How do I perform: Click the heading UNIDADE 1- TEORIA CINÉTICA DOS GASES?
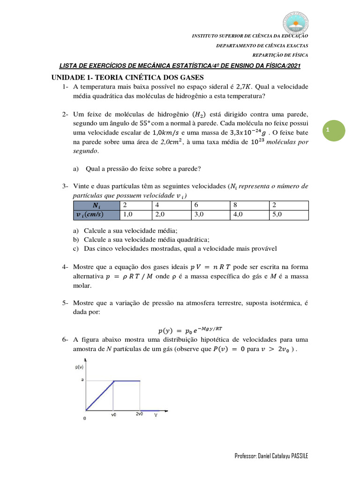tap(128, 77)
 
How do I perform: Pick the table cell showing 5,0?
tap(289, 215)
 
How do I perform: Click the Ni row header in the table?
tap(97, 205)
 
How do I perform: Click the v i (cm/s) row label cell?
tap(97, 215)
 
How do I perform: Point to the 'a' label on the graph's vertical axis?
tap(82, 380)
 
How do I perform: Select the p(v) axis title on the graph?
tap(80, 368)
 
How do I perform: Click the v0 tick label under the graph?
tap(114, 415)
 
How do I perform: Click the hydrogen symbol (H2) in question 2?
tap(202, 114)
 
